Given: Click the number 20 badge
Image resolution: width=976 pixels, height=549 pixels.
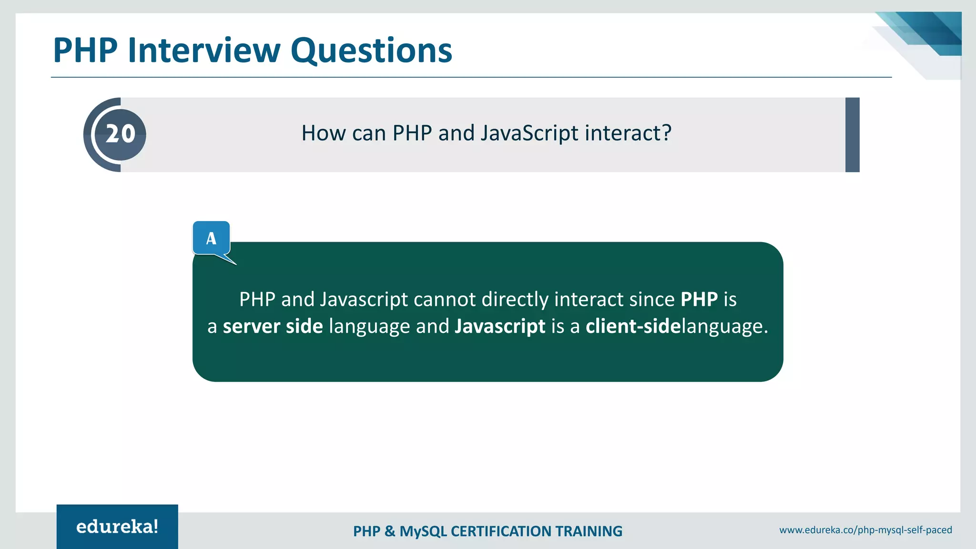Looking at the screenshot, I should [120, 134].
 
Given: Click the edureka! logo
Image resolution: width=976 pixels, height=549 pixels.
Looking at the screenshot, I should [117, 527].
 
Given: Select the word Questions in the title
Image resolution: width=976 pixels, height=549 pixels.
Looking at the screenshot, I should [371, 51].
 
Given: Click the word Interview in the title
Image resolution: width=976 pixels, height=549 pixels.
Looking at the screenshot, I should [204, 51].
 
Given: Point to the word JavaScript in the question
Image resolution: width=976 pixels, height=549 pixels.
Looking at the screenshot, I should [529, 133].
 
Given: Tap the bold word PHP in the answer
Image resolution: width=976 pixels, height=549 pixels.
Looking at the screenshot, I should [699, 299].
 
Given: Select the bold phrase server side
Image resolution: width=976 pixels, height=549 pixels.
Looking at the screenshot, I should [273, 326].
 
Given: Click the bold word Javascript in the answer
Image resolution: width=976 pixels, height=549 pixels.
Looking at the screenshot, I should [500, 326].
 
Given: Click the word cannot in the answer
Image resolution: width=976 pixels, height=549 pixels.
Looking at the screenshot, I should [445, 299].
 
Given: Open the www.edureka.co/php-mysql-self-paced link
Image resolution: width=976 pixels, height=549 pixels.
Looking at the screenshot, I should [865, 530].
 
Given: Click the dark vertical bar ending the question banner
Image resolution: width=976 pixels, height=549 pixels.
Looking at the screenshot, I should [852, 135].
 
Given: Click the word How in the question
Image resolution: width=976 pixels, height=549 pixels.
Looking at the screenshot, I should [324, 133].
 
